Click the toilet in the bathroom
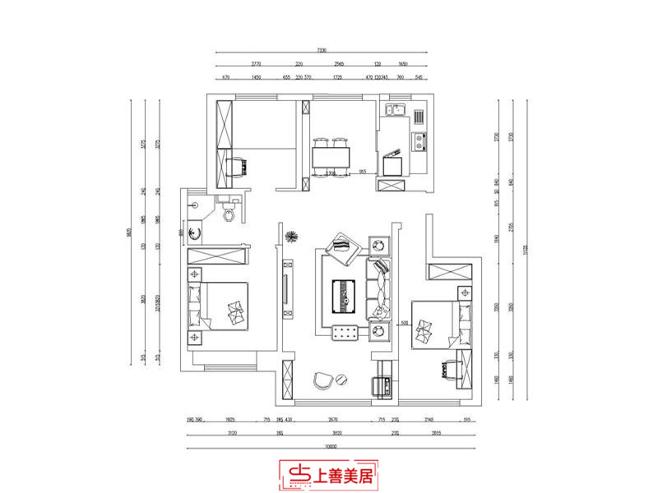pyautogui.click(x=229, y=214)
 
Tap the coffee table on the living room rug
pyautogui.click(x=343, y=294)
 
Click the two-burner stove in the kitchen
pyautogui.click(x=420, y=141)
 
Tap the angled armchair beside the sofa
pyautogui.click(x=342, y=247)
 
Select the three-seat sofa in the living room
pyautogui.click(x=379, y=288)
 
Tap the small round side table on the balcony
pyautogui.click(x=341, y=378)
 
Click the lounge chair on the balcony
pyautogui.click(x=322, y=380)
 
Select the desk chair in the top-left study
pyautogui.click(x=239, y=166)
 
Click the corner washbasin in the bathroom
pyautogui.click(x=195, y=233)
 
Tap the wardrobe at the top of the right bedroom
pyautogui.click(x=450, y=274)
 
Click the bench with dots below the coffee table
pyautogui.click(x=344, y=331)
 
